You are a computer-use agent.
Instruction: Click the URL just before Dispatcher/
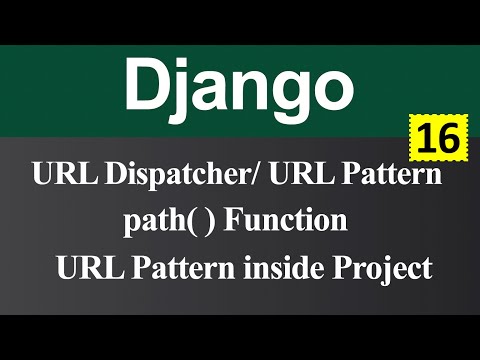pos(57,178)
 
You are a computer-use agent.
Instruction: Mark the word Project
pos(384,268)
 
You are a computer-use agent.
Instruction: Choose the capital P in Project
pos(345,267)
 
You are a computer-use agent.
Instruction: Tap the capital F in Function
pos(232,221)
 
